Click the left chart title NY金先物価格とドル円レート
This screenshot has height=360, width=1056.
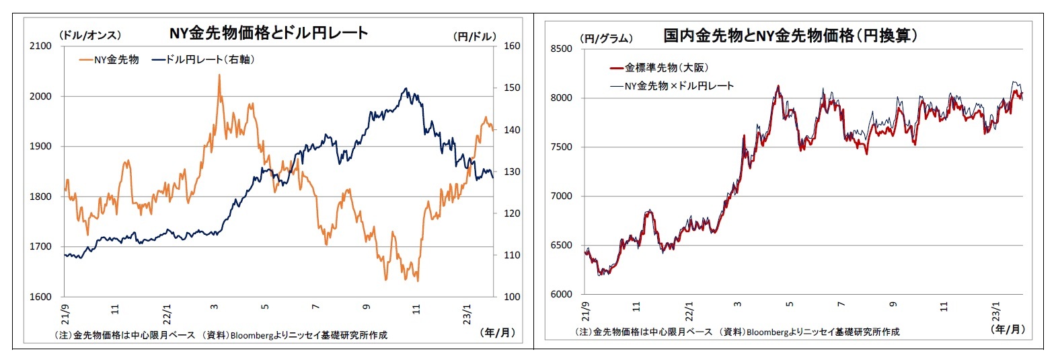click(268, 33)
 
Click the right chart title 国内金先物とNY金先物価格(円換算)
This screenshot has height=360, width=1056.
click(790, 36)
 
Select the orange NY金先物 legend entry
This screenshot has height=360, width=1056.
click(109, 60)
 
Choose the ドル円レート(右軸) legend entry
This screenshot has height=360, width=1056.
click(203, 60)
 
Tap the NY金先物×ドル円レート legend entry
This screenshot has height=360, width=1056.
click(671, 86)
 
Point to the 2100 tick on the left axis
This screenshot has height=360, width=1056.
click(40, 46)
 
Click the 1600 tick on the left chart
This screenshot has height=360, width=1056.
click(40, 297)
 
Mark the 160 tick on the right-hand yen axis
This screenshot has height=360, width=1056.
click(512, 46)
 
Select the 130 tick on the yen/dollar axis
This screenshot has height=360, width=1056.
click(512, 172)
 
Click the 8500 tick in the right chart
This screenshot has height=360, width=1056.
click(561, 48)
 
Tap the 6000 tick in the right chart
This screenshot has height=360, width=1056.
click(561, 294)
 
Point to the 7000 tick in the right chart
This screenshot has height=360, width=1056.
click(561, 196)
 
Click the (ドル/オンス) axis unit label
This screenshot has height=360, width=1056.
click(90, 35)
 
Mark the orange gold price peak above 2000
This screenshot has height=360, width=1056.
click(219, 76)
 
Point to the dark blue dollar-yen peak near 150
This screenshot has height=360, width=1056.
click(406, 89)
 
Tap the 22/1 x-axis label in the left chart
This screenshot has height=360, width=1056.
click(166, 314)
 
